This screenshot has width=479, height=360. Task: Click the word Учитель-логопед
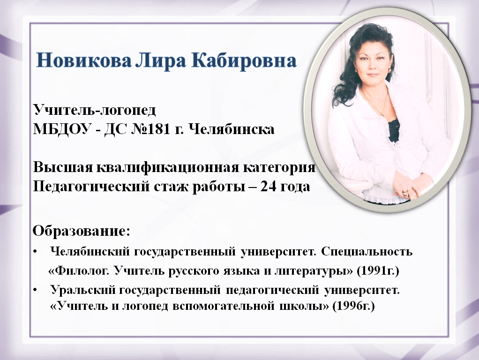[94, 111]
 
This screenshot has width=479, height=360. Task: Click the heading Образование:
[81, 232]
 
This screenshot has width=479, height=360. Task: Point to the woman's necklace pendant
[383, 114]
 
